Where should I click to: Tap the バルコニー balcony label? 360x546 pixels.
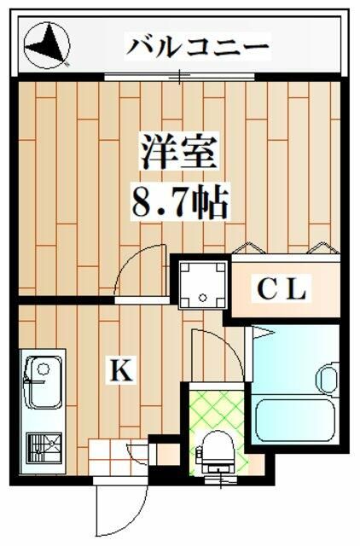198,45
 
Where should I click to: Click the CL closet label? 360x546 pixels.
282,290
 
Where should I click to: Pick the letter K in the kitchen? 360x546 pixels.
120,370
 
